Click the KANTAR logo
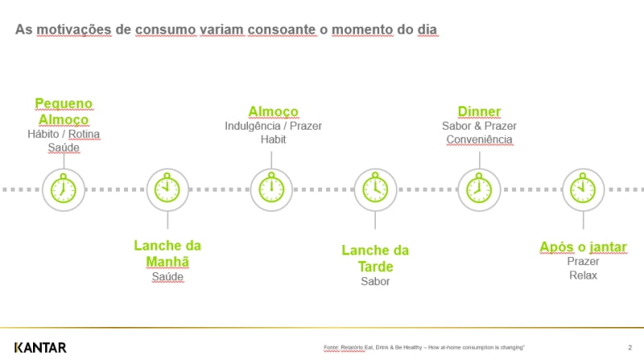[x=41, y=346]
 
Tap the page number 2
[x=628, y=348]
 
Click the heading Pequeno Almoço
[x=64, y=112]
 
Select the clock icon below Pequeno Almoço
[x=64, y=189]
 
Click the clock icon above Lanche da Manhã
[x=167, y=189]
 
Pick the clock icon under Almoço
[x=272, y=189]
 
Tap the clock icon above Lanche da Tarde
[x=375, y=189]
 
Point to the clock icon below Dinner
[x=479, y=189]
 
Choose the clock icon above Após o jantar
[x=582, y=189]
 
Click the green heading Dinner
[x=479, y=111]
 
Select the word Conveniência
[x=479, y=139]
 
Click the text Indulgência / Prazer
[x=273, y=126]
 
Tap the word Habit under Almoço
[x=273, y=139]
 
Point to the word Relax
[x=583, y=275]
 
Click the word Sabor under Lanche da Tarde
[x=375, y=281]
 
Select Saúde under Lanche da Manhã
[x=167, y=277]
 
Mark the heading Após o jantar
[x=583, y=246]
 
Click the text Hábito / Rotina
[x=64, y=134]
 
